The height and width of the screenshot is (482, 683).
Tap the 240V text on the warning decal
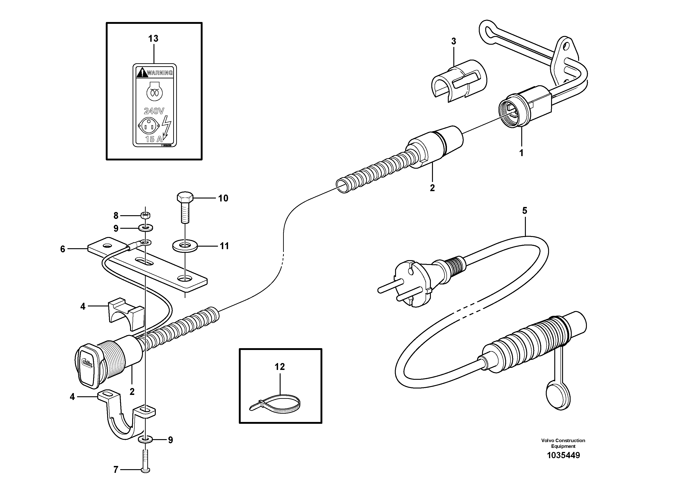[x=154, y=111]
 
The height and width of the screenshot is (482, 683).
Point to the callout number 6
[x=62, y=249]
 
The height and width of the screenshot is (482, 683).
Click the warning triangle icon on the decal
[x=142, y=72]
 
